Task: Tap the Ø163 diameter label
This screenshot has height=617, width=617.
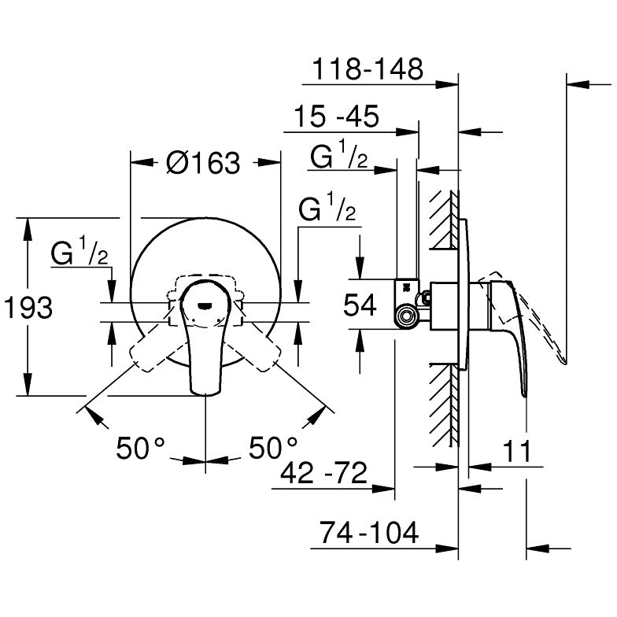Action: click(203, 163)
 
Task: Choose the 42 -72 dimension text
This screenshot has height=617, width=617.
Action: click(324, 474)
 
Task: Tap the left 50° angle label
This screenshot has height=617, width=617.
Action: click(141, 449)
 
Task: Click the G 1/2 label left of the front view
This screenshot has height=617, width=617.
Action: click(79, 253)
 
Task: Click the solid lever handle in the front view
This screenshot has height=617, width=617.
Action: click(205, 346)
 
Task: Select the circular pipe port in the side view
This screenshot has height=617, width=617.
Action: click(406, 317)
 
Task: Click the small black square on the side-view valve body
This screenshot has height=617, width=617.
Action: click(406, 287)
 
